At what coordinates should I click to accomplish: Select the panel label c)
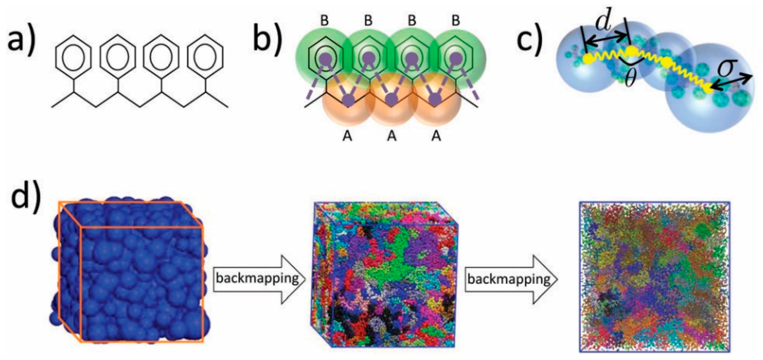[x=530, y=40]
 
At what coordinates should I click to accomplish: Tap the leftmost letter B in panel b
[x=325, y=21]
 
